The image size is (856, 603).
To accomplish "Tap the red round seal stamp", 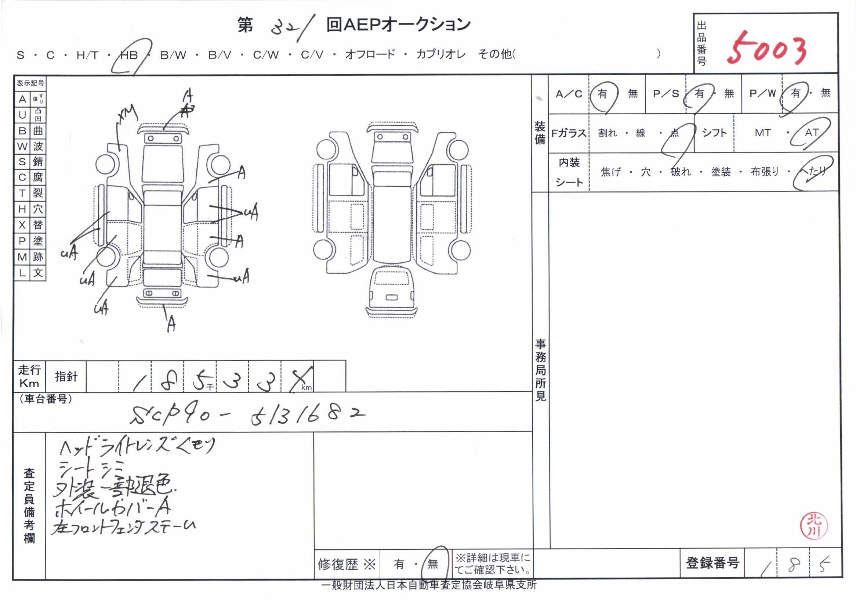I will pos(814,526).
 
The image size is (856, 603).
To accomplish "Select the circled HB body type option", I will pos(129,55).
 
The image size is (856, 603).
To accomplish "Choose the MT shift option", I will pos(762,133).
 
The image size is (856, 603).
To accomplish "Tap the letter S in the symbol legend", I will pos(22,162).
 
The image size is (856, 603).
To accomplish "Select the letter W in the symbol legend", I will pos(22,146).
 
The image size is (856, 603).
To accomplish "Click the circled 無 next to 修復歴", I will pos(432,564).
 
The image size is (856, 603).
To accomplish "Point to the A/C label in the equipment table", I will pos(569,94).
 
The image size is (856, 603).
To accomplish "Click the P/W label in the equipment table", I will pos(762,93).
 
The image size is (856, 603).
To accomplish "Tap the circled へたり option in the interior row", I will pos(813,171).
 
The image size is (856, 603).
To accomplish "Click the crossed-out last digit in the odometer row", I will pos(300,379).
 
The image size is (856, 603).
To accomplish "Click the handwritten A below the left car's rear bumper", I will pos(171,324).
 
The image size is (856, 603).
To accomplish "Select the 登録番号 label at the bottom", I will pos(712,563).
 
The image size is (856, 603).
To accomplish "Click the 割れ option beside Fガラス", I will pos(607,133).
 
